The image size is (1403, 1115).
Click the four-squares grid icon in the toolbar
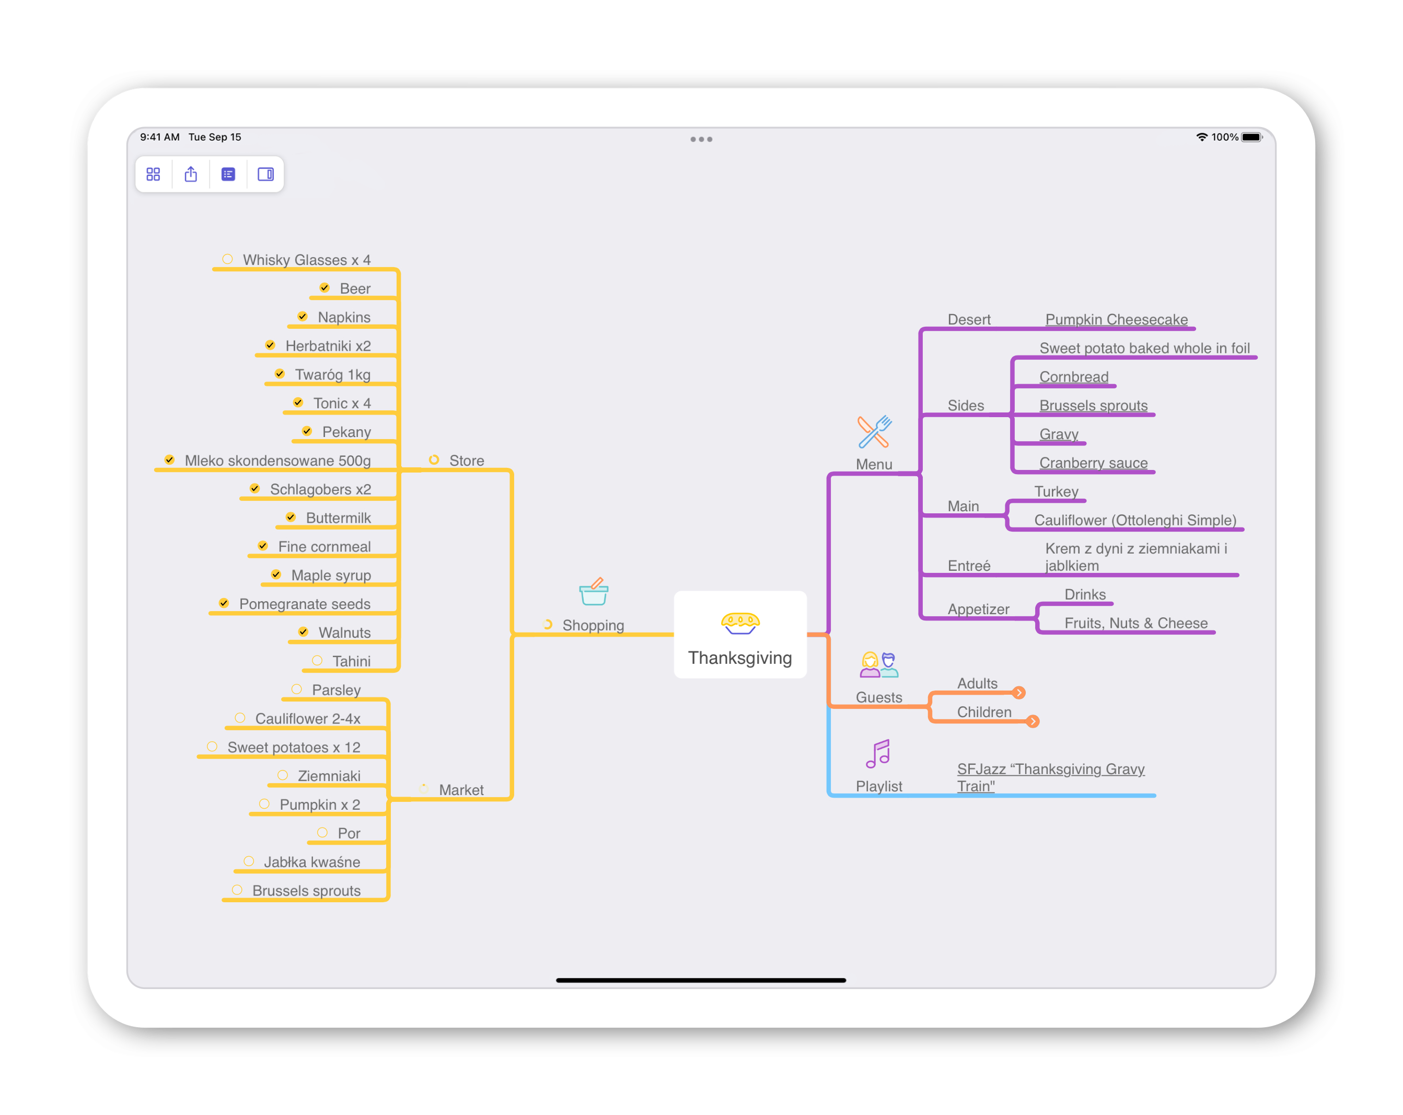pyautogui.click(x=153, y=175)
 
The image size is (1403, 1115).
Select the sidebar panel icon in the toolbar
pyautogui.click(x=265, y=175)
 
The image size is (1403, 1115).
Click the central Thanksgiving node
pyautogui.click(x=740, y=635)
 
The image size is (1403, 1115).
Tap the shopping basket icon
pyautogui.click(x=594, y=591)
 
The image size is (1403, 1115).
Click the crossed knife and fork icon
pyautogui.click(x=874, y=432)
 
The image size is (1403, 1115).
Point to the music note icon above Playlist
pyautogui.click(x=878, y=754)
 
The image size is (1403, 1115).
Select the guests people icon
pyautogui.click(x=879, y=664)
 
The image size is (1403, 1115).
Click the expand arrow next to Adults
pyautogui.click(x=1019, y=693)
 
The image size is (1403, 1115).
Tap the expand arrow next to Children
pyautogui.click(x=1033, y=721)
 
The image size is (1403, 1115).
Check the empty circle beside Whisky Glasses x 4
pyautogui.click(x=227, y=259)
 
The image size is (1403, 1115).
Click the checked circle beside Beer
pyautogui.click(x=324, y=288)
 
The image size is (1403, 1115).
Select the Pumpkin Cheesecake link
pyautogui.click(x=1116, y=319)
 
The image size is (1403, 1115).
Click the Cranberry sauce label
pyautogui.click(x=1093, y=463)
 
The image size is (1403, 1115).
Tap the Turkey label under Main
pyautogui.click(x=1056, y=491)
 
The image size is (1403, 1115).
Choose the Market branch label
pyautogui.click(x=461, y=789)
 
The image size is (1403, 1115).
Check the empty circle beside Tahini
pyautogui.click(x=317, y=661)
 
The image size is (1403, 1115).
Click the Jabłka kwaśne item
pyautogui.click(x=312, y=862)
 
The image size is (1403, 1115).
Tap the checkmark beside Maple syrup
pyautogui.click(x=276, y=574)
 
